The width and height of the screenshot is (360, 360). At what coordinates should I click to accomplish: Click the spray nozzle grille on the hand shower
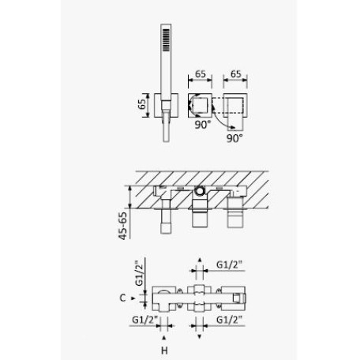[167, 39]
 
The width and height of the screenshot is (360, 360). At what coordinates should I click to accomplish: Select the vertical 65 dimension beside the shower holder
[142, 104]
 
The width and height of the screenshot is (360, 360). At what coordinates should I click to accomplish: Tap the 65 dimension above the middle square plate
[201, 74]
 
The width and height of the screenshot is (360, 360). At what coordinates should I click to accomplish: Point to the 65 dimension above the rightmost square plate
[235, 74]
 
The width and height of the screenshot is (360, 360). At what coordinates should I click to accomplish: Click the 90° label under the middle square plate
[203, 125]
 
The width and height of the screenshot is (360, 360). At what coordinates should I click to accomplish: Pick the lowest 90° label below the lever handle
[234, 138]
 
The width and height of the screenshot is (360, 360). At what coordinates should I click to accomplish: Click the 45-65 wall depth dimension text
[122, 226]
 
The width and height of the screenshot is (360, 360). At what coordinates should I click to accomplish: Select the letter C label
[122, 298]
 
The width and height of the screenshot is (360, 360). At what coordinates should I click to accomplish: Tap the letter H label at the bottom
[164, 351]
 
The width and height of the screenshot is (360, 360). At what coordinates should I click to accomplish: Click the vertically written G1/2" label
[140, 273]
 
